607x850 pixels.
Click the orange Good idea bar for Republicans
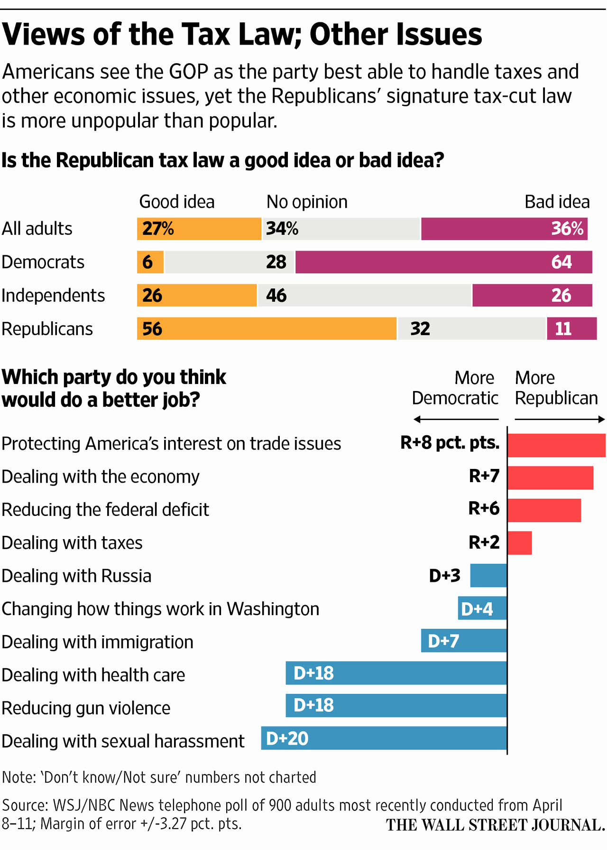click(x=267, y=328)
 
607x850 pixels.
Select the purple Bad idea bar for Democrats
click(x=443, y=262)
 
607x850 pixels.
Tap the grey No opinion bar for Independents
click(x=364, y=295)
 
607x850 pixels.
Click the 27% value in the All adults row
click(x=158, y=229)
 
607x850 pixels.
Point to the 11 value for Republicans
click(x=563, y=329)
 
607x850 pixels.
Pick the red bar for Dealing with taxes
click(x=520, y=543)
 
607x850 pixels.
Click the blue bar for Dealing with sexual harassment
click(x=384, y=738)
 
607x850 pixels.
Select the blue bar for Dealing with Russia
click(x=488, y=576)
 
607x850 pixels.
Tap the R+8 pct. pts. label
click(x=450, y=443)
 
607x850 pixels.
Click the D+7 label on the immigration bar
click(x=443, y=641)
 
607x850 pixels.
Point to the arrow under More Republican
click(x=560, y=420)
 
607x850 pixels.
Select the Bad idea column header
click(x=557, y=202)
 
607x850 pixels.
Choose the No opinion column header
click(x=307, y=202)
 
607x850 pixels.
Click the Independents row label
click(x=53, y=296)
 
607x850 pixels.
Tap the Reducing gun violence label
click(x=86, y=708)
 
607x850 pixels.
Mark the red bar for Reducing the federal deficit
click(x=544, y=510)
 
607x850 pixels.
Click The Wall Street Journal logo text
click(x=495, y=825)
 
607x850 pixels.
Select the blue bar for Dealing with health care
click(x=396, y=673)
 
